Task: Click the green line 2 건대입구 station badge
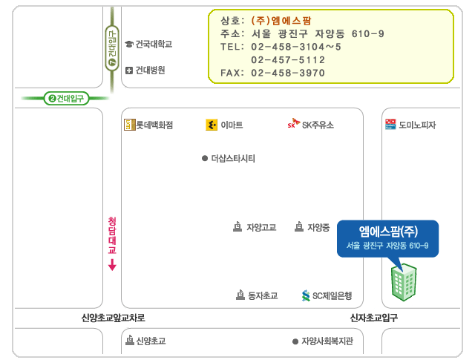[66, 99]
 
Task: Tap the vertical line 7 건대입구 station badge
[112, 48]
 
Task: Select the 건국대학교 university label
[154, 45]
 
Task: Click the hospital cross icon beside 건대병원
[129, 71]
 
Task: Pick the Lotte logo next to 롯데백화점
[129, 125]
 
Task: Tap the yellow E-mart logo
[212, 125]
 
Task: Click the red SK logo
[294, 123]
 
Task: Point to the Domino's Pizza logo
[390, 124]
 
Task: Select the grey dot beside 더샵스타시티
[205, 158]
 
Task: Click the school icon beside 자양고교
[237, 226]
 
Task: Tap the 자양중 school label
[318, 227]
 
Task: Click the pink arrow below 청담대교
[112, 264]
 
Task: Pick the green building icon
[404, 282]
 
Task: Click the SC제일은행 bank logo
[306, 295]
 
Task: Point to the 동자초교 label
[263, 295]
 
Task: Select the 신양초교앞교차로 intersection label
[113, 318]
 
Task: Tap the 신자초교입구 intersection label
[374, 318]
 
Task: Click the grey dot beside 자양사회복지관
[295, 341]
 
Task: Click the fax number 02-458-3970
[288, 73]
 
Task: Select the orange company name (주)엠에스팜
[281, 21]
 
